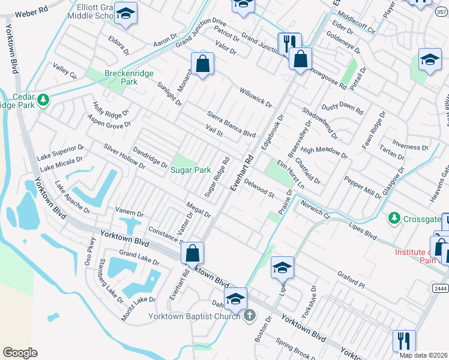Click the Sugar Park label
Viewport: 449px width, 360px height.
[191, 170]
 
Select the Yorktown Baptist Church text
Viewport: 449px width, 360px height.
[194, 316]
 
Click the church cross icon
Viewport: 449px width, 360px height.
[250, 316]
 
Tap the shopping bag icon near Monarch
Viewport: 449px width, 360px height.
[203, 63]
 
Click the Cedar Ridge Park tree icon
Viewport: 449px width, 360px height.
[43, 100]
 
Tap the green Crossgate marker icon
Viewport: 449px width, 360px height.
[394, 217]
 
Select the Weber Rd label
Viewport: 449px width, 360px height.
[31, 13]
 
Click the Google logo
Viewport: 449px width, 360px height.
[20, 352]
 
